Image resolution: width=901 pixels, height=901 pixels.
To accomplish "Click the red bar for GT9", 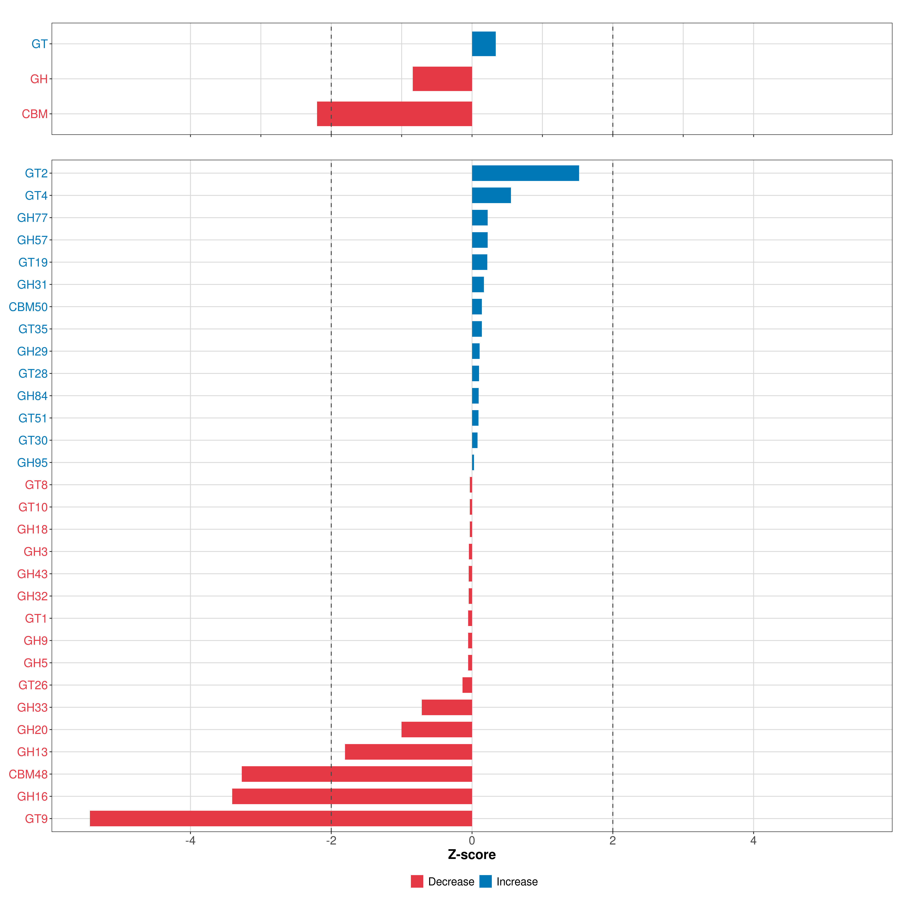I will click(281, 818).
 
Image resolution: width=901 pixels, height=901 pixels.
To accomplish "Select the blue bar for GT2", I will click(525, 173).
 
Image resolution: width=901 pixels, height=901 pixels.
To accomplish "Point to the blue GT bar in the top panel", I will click(484, 44).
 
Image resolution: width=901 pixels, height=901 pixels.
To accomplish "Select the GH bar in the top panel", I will click(442, 79).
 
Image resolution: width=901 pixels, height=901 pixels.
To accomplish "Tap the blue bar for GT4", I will click(491, 195).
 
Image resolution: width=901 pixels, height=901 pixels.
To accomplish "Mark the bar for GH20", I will click(436, 729).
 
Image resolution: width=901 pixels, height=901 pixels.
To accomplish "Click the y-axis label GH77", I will click(32, 218).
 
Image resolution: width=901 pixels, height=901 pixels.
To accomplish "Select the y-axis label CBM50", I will click(28, 307).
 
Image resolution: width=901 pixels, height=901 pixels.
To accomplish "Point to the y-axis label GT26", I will click(33, 685).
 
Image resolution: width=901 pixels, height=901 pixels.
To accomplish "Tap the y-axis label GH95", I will click(32, 463).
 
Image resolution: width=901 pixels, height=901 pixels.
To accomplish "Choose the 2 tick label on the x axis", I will click(612, 841).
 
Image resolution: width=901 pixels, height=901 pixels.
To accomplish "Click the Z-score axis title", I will click(472, 855).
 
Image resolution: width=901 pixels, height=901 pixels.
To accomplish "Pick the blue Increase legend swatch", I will click(485, 881).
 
